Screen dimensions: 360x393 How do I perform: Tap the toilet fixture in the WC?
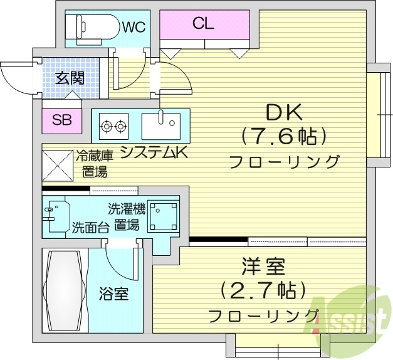(94, 26)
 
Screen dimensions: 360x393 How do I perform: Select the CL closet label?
(203, 24)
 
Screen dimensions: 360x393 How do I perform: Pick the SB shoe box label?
(61, 120)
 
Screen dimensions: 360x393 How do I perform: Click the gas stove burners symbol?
(113, 126)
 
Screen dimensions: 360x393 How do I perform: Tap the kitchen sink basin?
(161, 126)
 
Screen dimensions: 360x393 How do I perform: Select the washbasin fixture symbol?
(56, 216)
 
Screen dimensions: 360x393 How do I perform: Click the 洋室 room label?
(263, 268)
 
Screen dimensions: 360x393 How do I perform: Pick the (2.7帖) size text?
(263, 290)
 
